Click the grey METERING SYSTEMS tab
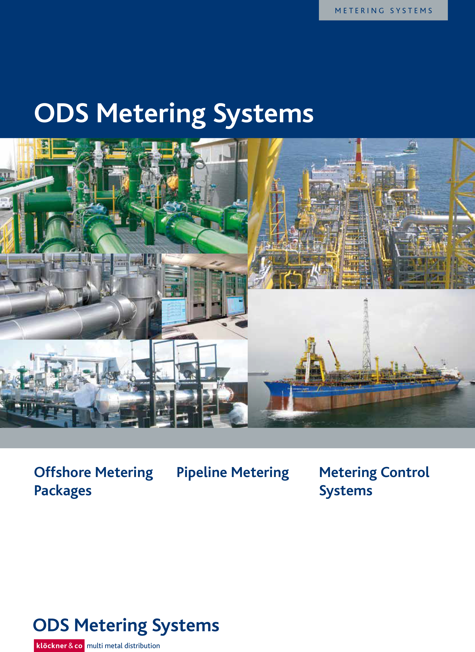[383, 10]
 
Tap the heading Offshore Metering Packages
[93, 482]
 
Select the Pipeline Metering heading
[233, 473]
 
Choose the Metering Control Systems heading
[374, 482]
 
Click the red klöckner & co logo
[59, 646]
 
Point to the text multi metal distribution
[123, 646]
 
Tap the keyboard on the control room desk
[242, 324]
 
